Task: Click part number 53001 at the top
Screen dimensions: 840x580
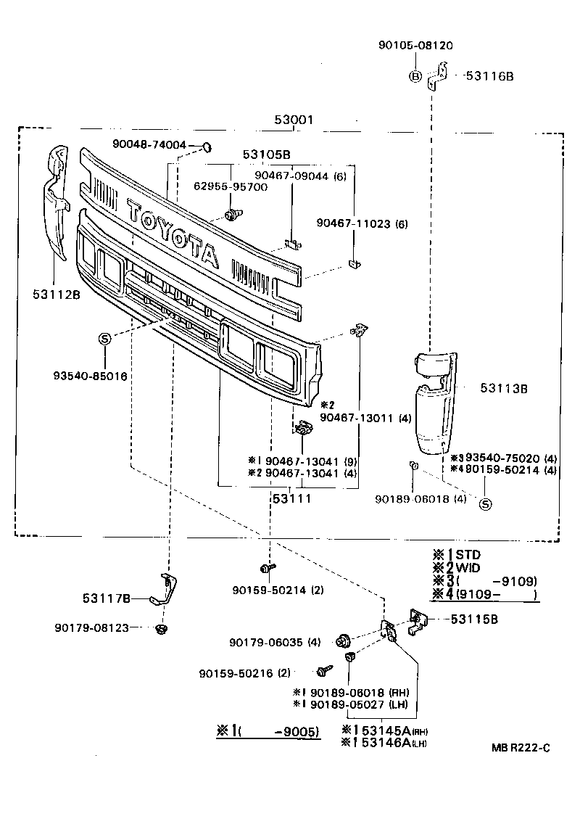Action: click(x=294, y=120)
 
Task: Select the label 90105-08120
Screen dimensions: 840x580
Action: click(x=415, y=45)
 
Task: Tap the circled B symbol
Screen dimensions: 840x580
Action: click(x=415, y=75)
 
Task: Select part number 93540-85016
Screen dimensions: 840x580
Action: click(x=90, y=376)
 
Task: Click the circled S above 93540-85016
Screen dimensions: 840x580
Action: click(x=104, y=339)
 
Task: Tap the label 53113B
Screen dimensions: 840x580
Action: click(x=503, y=389)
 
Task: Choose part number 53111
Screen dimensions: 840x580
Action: click(x=291, y=499)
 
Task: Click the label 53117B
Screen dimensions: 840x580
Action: click(x=106, y=598)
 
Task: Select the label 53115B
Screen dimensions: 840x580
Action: click(x=475, y=619)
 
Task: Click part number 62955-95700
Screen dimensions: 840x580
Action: click(x=231, y=186)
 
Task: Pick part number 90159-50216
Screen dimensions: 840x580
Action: click(x=244, y=673)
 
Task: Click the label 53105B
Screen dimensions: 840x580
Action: click(x=266, y=155)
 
